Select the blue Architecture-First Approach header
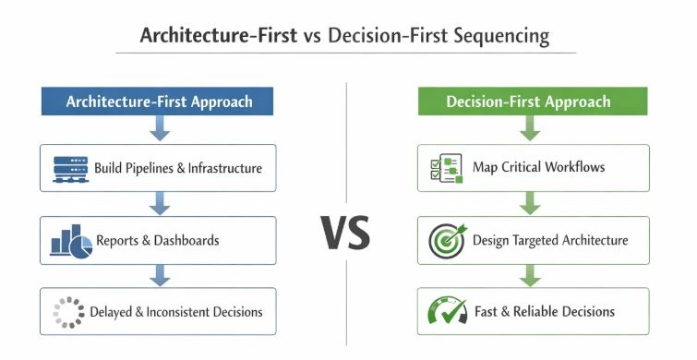tap(159, 102)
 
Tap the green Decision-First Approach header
tap(528, 102)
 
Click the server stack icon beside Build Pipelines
tap(70, 169)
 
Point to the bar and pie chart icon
tap(71, 240)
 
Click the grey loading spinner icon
tap(67, 312)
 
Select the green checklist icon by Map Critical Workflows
tap(446, 168)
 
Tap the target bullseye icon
tap(447, 240)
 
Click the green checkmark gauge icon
tap(447, 312)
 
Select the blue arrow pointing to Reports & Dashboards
tap(159, 202)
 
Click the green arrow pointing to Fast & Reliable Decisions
tap(528, 274)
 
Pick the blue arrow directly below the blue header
tap(159, 129)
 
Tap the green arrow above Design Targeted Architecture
tap(528, 202)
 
